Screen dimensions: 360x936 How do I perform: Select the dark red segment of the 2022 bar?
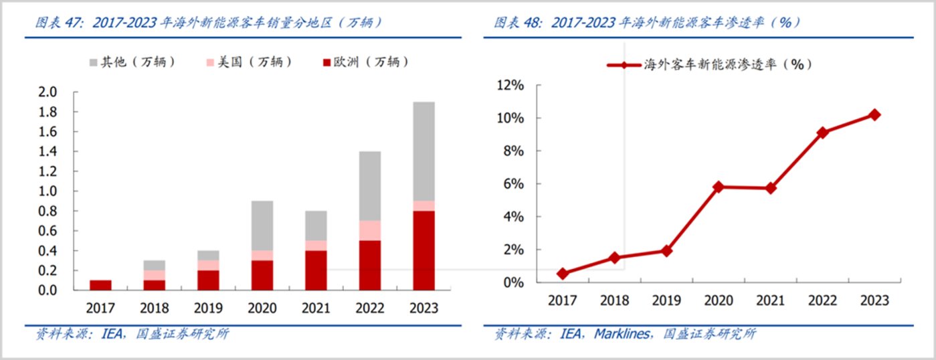tap(369, 265)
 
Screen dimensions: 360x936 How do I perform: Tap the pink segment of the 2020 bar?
tap(262, 256)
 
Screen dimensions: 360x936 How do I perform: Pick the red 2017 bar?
tap(100, 285)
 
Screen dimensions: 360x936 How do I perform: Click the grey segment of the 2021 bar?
tap(316, 226)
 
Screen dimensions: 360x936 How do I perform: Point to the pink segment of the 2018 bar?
tap(154, 275)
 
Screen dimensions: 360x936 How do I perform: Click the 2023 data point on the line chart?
tap(874, 114)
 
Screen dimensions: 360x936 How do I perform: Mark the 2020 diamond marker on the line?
tap(718, 187)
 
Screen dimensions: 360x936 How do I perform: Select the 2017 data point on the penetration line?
tap(562, 274)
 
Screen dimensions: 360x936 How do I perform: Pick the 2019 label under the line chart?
tap(666, 300)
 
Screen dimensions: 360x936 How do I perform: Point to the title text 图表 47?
tap(61, 22)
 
